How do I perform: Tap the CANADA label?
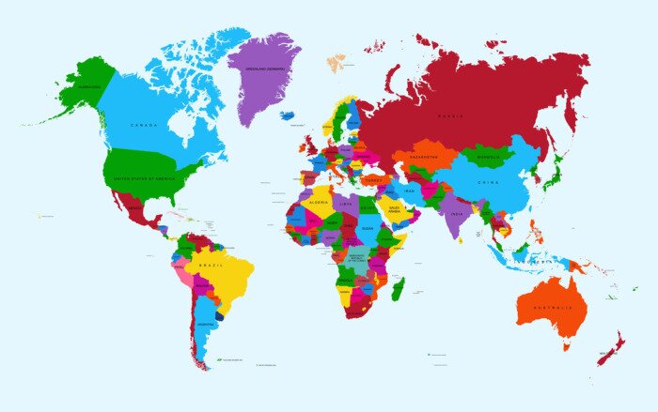[144, 124]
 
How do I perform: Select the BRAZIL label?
[211, 266]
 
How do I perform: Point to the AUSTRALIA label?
[552, 308]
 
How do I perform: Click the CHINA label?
[489, 182]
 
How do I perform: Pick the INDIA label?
[454, 213]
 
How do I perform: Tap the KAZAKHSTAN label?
[424, 157]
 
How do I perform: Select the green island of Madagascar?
[398, 288]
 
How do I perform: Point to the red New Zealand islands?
[611, 349]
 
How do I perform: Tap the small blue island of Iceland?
[287, 115]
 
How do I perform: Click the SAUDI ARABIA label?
[395, 209]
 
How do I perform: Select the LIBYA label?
[345, 203]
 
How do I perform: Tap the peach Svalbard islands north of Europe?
[336, 63]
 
